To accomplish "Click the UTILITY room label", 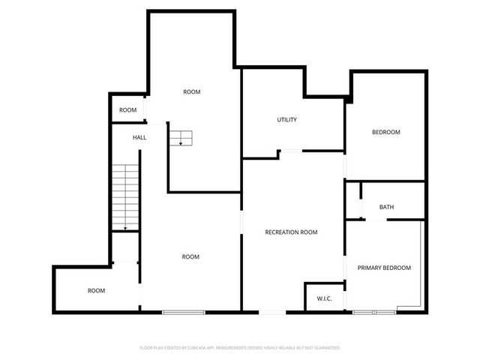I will pos(287,119).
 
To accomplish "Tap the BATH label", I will pos(386,207).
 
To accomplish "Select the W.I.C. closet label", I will pos(324,298).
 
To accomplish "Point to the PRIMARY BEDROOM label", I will pos(384,268).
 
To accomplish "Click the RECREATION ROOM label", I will pos(291,232).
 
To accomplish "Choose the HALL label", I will pos(139,138).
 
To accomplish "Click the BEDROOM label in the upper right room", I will pos(386,132).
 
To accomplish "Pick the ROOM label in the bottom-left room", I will pos(96,290).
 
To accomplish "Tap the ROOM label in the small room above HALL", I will pos(128,110).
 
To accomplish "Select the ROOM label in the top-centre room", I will pos(192,91).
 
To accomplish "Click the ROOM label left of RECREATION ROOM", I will pos(190,256).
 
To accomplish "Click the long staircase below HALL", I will pos(125,198).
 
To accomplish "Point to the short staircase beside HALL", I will pos(180,138).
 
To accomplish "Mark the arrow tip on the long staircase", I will pos(125,229).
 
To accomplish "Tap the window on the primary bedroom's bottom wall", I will pos(374,311).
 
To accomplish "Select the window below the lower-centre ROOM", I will pos(184,311).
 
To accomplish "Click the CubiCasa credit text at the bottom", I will pos(240,348).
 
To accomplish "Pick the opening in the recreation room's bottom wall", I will pos(273,311).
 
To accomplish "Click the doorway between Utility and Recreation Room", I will pos(291,151).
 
